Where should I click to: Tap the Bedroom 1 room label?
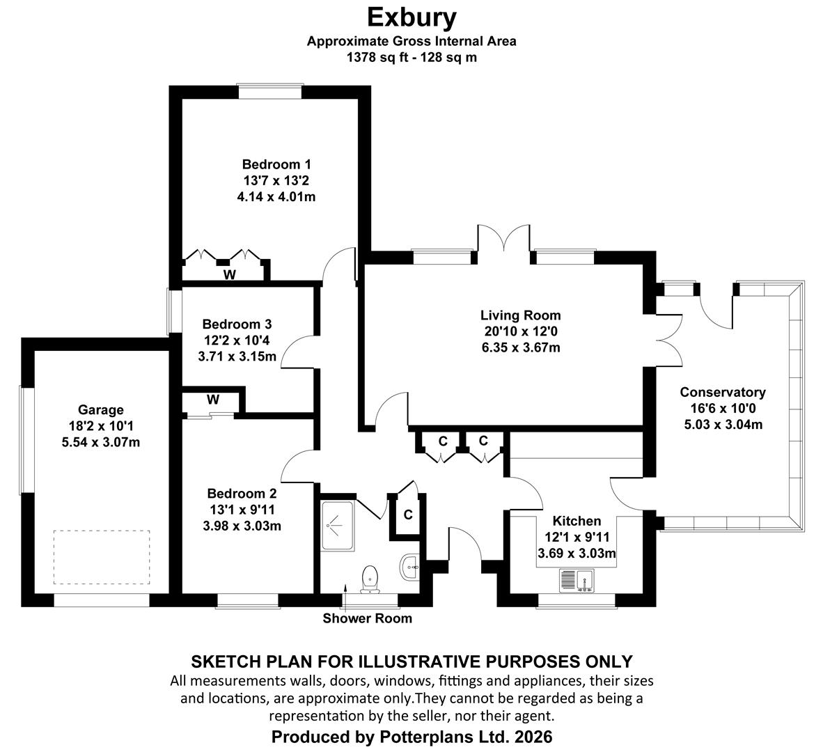click(276, 164)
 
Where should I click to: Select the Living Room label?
click(521, 315)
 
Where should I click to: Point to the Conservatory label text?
click(723, 392)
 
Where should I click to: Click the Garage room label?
click(101, 410)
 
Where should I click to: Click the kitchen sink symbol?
click(577, 581)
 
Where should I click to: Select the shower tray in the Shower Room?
click(338, 526)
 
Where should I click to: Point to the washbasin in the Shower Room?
click(410, 567)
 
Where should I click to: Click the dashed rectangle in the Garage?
click(101, 557)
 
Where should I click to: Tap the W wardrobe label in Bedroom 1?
click(229, 274)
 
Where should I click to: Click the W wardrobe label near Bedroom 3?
click(212, 400)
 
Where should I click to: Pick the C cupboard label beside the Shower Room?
click(408, 515)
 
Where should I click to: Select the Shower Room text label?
click(368, 618)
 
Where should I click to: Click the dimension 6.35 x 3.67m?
click(521, 347)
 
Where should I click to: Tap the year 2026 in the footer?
click(533, 737)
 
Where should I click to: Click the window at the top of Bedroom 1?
click(270, 92)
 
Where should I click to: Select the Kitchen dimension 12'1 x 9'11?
click(577, 538)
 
